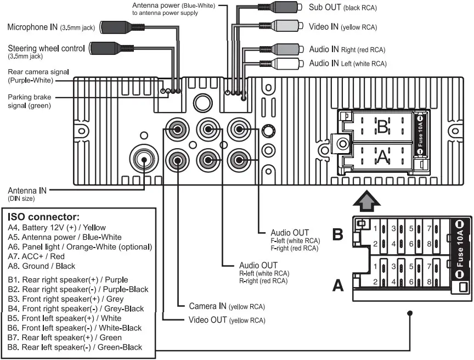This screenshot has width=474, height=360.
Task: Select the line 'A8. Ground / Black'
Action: click(x=42, y=266)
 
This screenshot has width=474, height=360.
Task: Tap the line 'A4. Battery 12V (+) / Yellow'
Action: click(x=57, y=227)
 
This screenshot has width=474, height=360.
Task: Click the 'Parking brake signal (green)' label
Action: click(x=30, y=101)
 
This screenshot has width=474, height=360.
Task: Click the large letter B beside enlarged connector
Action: click(x=338, y=234)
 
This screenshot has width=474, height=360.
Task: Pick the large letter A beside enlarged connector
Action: click(x=338, y=285)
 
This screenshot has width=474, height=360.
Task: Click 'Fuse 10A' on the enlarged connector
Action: click(x=460, y=250)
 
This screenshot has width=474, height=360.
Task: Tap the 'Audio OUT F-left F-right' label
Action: click(x=294, y=240)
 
